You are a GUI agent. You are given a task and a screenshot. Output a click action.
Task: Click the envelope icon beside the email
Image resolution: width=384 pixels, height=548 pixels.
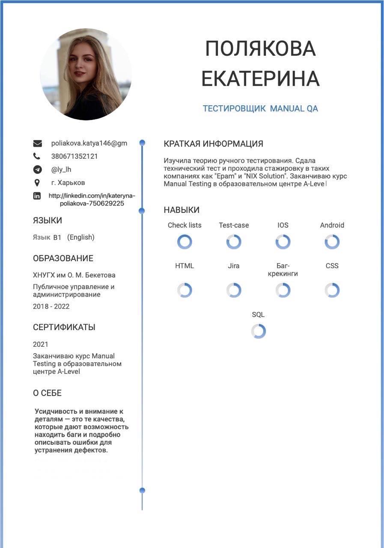pyautogui.click(x=37, y=143)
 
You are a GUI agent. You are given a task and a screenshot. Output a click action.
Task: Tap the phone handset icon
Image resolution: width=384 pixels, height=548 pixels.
pyautogui.click(x=37, y=156)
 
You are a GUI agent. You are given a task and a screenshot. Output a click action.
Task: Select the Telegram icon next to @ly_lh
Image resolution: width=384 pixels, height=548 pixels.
pyautogui.click(x=37, y=170)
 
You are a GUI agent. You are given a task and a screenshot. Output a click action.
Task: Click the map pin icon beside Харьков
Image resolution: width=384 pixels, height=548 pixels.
pyautogui.click(x=37, y=183)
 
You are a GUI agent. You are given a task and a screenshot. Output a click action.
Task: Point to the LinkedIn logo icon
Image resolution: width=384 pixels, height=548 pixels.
pyautogui.click(x=37, y=196)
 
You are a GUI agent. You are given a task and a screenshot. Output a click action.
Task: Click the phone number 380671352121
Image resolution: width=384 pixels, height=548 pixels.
pyautogui.click(x=74, y=156)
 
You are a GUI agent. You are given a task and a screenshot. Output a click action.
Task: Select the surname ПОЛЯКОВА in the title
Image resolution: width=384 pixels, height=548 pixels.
pyautogui.click(x=260, y=48)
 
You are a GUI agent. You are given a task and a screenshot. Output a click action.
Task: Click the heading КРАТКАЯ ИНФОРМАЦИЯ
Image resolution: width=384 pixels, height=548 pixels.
pyautogui.click(x=213, y=144)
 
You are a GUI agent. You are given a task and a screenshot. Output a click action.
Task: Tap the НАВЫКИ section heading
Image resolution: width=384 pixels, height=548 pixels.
pyautogui.click(x=182, y=210)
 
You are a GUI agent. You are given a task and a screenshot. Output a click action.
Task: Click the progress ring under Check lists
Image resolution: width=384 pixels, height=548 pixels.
pyautogui.click(x=185, y=242)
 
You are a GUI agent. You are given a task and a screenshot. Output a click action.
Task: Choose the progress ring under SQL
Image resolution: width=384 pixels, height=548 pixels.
pyautogui.click(x=258, y=331)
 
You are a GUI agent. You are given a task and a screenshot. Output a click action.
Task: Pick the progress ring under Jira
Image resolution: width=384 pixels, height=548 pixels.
pyautogui.click(x=234, y=290)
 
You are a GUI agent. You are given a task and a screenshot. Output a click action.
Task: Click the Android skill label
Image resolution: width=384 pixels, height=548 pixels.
pyautogui.click(x=332, y=225)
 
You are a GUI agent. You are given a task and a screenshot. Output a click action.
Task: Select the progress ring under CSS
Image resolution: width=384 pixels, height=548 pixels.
pyautogui.click(x=332, y=290)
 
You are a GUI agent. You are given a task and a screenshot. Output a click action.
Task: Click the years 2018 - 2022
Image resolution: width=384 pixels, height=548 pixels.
pyautogui.click(x=51, y=307)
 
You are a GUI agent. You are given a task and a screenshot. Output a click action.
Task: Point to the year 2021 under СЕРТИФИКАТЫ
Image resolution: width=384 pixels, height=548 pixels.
pyautogui.click(x=41, y=344)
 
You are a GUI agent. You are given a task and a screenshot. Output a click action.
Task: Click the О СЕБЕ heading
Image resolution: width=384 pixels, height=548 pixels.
pyautogui.click(x=47, y=393)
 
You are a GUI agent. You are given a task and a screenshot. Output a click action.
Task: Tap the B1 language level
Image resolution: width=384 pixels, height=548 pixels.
pyautogui.click(x=57, y=238)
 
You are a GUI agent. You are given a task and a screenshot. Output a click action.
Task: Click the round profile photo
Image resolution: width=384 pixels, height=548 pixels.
pyautogui.click(x=86, y=74)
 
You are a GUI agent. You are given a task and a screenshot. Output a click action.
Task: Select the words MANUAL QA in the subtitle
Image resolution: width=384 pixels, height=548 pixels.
pyautogui.click(x=294, y=109)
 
